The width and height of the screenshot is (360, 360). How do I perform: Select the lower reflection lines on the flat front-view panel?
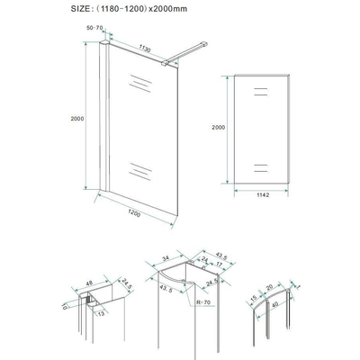pos(261,166)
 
